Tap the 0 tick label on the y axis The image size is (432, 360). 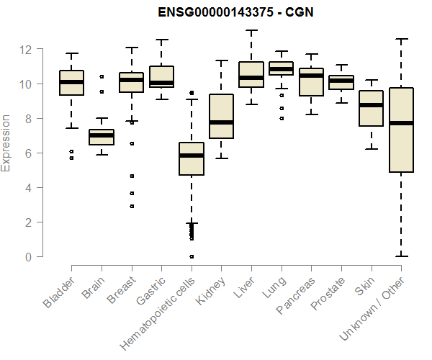28,257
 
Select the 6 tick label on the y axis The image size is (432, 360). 28,153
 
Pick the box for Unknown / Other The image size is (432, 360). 400,130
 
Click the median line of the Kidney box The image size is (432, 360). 221,122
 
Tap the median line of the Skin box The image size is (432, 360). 371,105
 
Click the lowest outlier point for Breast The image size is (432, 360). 132,207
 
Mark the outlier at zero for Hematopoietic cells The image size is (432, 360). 192,256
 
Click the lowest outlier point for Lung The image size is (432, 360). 281,119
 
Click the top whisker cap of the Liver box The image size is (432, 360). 251,31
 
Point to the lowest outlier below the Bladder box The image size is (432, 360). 71,158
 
